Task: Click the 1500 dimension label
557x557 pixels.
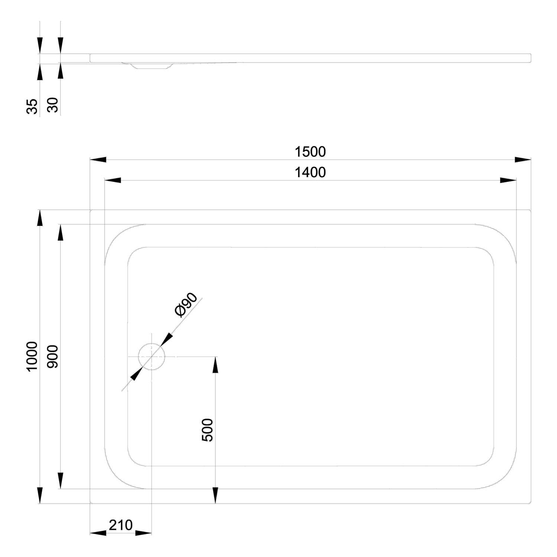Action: [310, 152]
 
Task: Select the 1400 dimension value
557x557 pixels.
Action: [310, 173]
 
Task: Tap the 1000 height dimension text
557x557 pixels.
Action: [32, 356]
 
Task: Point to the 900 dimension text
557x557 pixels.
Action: [53, 356]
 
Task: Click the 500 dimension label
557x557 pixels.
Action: [208, 430]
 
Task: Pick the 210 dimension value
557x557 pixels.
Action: [121, 525]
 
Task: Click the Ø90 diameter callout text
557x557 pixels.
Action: [186, 305]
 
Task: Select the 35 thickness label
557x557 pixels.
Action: [32, 106]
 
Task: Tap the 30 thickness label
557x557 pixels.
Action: [53, 105]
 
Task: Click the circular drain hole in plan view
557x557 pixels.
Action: [151, 356]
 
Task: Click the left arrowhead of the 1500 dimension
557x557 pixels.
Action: [98, 160]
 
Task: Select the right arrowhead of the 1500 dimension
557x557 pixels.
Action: [523, 160]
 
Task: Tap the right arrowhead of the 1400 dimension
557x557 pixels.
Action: [508, 180]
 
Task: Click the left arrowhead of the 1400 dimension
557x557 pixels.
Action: [113, 180]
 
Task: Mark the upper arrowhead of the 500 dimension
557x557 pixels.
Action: [215, 365]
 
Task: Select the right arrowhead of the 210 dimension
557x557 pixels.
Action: [143, 533]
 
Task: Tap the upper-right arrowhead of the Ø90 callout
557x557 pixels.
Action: [167, 339]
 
